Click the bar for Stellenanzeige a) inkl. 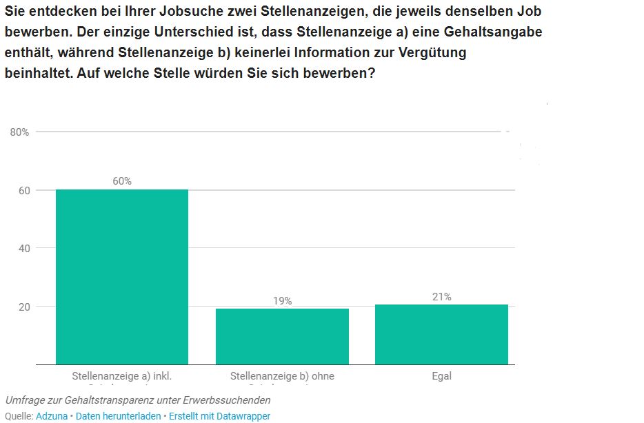click(122, 277)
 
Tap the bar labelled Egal click(441, 334)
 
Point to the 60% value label click(122, 181)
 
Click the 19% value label click(282, 301)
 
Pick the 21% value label click(441, 297)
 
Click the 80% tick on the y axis click(19, 132)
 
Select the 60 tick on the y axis click(23, 190)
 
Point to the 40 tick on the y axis click(23, 248)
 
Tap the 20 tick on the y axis click(23, 307)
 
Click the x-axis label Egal click(441, 376)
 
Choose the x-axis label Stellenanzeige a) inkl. click(122, 377)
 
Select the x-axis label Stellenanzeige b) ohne click(282, 377)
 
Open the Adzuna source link click(52, 416)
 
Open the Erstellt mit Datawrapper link click(219, 416)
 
